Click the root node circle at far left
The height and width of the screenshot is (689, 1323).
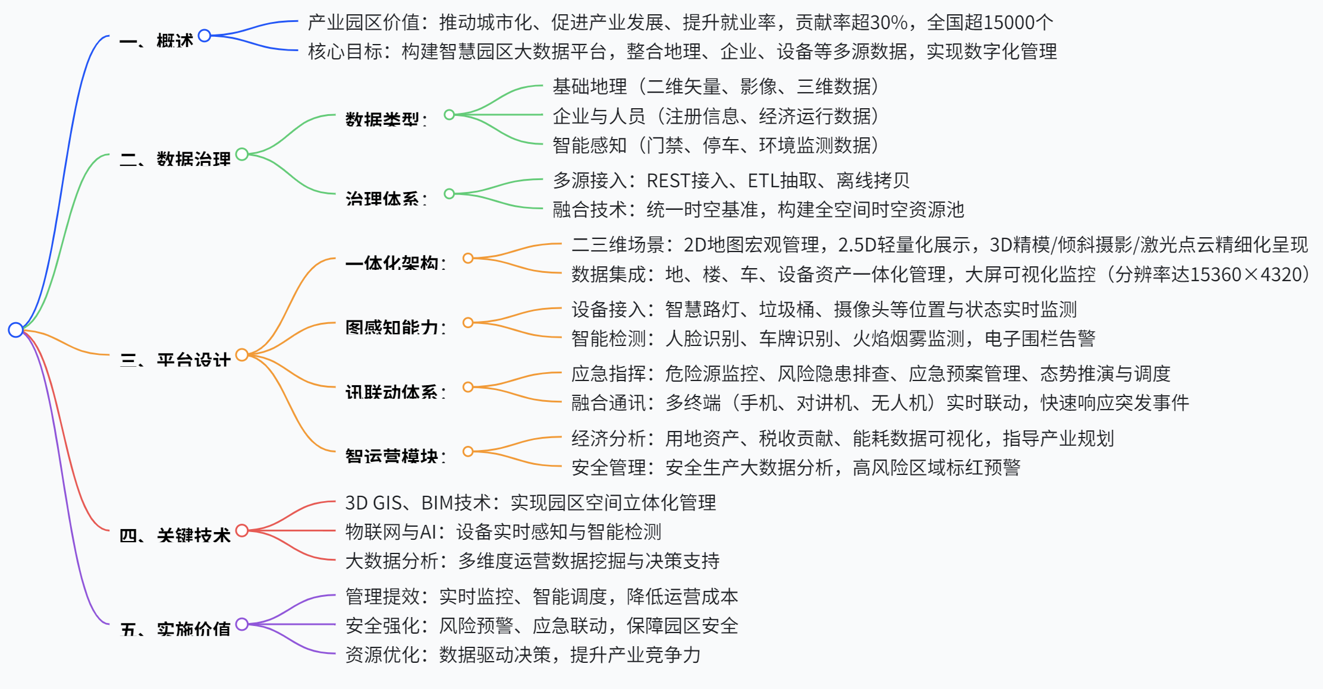pos(15,329)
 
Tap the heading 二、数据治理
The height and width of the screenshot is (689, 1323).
pos(175,159)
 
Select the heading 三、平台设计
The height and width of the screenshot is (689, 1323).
pos(175,360)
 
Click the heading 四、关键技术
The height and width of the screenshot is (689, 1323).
pos(175,535)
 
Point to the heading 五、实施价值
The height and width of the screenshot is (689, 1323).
pos(175,629)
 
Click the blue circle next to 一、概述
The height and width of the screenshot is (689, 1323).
pos(205,36)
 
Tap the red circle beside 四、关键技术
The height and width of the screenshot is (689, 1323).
pos(241,530)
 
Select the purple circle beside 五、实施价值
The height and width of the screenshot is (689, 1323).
pos(241,624)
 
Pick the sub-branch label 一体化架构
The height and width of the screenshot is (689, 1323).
pos(392,263)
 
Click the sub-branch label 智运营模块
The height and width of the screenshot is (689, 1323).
pos(392,456)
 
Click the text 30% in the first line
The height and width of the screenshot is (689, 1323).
pos(889,23)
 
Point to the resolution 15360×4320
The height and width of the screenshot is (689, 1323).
pos(1245,275)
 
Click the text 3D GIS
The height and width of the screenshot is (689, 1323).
pos(373,503)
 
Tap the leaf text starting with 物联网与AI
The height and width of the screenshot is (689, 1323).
pos(503,531)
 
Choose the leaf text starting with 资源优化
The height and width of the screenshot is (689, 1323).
pos(523,655)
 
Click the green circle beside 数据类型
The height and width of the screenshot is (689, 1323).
pos(450,115)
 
